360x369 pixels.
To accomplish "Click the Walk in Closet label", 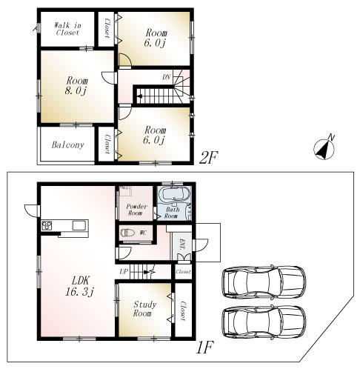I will (x=67, y=29).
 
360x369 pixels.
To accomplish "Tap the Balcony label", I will (x=67, y=145).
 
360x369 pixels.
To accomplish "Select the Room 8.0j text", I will (x=76, y=85).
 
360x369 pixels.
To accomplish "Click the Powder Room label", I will (x=135, y=209).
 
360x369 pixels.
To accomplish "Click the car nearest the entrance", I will (x=263, y=282).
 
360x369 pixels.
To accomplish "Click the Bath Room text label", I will (x=171, y=213).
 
